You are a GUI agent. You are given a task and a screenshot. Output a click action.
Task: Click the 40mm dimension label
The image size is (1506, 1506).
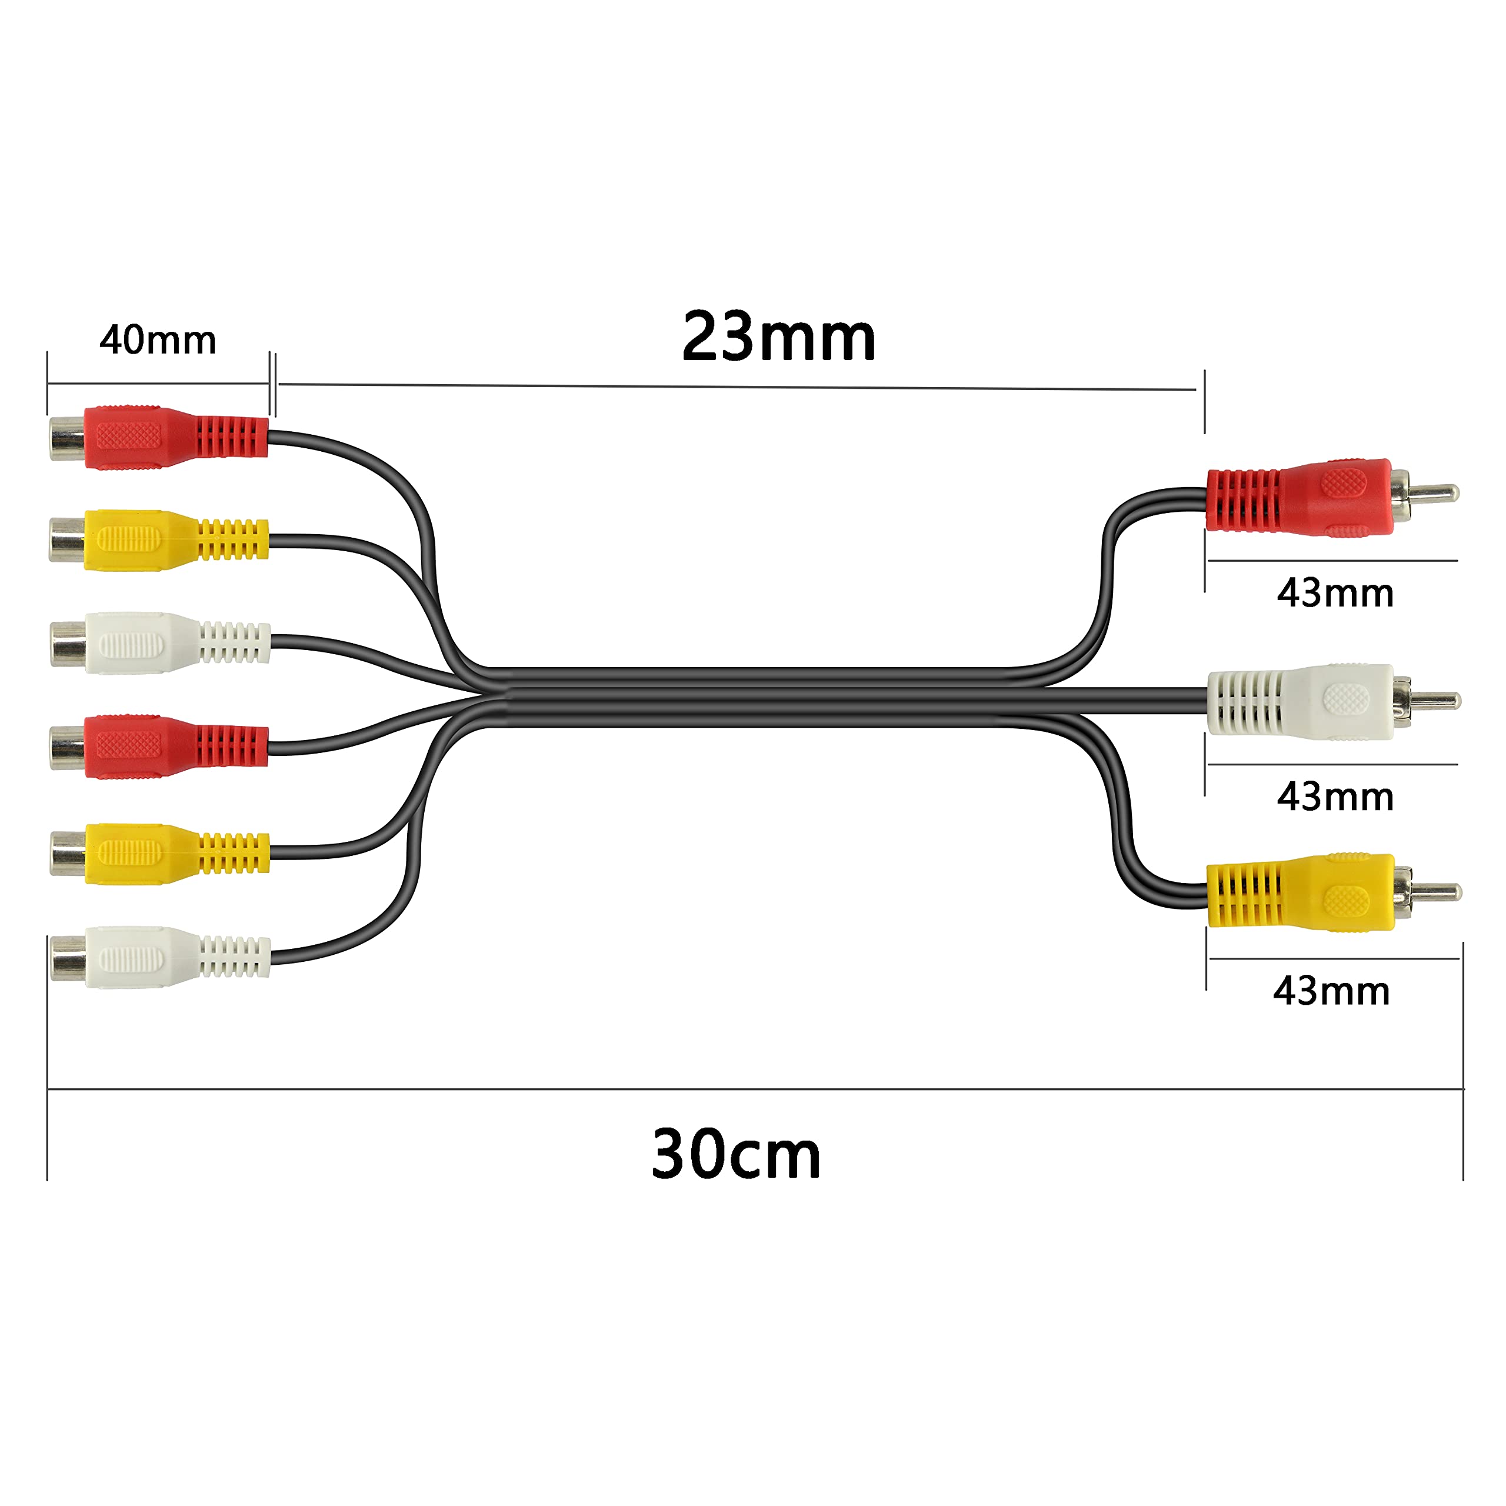click(158, 340)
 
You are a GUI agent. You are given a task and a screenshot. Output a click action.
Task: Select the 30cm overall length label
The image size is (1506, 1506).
click(736, 1154)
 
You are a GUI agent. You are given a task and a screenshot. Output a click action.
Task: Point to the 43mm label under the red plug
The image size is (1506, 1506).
click(1334, 593)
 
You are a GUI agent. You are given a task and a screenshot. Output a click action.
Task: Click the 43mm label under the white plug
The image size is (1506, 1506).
click(1334, 797)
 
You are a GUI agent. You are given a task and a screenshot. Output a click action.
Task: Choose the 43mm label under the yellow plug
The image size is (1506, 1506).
click(1331, 991)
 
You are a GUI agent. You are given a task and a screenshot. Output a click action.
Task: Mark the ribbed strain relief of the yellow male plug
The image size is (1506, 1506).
click(1245, 894)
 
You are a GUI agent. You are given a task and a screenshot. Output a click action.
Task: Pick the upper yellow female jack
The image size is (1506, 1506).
click(159, 540)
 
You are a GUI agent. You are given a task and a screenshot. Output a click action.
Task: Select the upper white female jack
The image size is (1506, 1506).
click(160, 643)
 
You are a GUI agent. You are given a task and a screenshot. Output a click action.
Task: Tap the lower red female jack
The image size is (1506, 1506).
click(159, 746)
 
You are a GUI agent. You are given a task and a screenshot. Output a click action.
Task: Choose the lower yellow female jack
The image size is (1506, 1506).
click(160, 854)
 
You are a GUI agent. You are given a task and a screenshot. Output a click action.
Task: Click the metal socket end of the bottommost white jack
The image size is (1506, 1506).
click(69, 958)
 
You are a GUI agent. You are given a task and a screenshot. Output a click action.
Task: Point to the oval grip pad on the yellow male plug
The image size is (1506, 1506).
click(1346, 901)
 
